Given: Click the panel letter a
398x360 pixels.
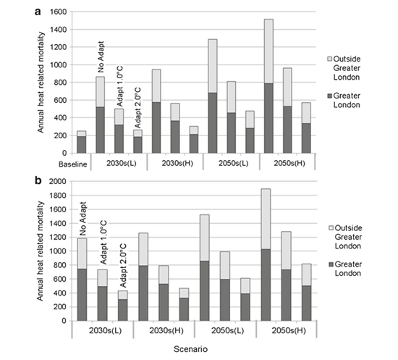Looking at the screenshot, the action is coord(38,12).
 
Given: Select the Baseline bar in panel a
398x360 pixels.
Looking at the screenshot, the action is coord(82,142).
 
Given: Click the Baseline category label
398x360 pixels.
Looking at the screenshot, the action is coord(72,164).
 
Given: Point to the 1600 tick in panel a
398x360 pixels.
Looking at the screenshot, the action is coord(59,12).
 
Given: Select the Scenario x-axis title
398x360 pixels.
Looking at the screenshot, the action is coord(190,349).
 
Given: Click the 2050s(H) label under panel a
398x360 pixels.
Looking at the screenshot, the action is coord(289,163).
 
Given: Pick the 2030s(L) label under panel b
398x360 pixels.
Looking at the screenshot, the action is coord(105,331).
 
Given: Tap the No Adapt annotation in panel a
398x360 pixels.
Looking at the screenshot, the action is coord(101,57).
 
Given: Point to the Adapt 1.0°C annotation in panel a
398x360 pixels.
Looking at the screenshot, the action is coord(119,86).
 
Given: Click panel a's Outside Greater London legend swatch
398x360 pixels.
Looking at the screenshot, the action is coord(330,59).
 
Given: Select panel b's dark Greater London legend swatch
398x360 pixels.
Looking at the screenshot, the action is coord(331,264).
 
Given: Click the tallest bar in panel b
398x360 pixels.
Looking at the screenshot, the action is coord(266,255).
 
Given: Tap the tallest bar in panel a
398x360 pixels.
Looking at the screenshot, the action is coord(268,86).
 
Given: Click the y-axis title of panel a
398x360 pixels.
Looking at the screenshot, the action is coord(41,83).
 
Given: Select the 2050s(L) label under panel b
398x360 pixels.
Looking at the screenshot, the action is coord(228,331).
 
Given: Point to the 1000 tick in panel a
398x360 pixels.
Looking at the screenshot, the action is coord(59,64).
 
